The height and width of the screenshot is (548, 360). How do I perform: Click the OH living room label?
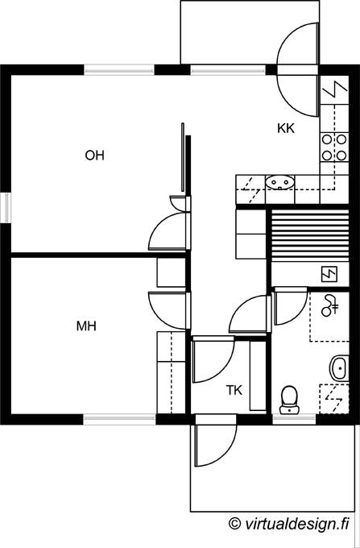coord(94,156)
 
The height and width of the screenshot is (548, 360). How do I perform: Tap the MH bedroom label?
coord(86,326)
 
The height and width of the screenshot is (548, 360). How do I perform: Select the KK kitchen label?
coord(286,129)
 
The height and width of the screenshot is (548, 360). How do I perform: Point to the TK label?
coord(234,390)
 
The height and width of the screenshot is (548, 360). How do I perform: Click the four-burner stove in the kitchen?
coord(334,147)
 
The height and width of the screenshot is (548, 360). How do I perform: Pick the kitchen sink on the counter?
coord(279,182)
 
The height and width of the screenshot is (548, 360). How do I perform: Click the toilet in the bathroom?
coord(289,400)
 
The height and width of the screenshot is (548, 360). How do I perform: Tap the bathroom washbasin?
coord(339,368)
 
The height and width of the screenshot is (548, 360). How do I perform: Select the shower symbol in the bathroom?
coord(330,305)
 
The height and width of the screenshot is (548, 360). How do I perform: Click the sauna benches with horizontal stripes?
coord(310,234)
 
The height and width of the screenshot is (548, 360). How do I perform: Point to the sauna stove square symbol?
coord(329,274)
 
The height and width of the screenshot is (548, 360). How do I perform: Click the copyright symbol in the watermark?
coord(234,523)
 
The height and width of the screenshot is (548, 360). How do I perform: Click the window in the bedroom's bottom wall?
coord(119,419)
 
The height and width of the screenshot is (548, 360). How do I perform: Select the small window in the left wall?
coord(6,208)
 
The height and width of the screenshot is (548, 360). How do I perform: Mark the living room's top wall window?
coord(119,70)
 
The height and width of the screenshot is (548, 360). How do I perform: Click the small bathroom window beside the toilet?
coord(294,419)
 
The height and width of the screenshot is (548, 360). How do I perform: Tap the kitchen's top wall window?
coord(228,70)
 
